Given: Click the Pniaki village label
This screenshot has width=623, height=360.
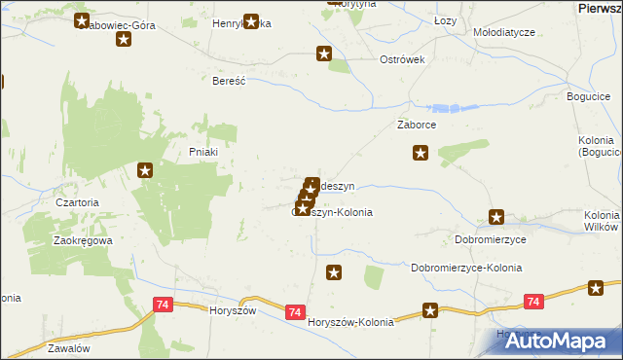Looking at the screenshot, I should point(202,152).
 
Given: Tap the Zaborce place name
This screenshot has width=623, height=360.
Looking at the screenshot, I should point(416,126).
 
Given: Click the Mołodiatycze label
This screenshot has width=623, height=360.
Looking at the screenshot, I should point(504,32).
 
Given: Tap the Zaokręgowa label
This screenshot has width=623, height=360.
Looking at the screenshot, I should point(83,239).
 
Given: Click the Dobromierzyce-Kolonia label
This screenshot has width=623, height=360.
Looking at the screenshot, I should point(466,268).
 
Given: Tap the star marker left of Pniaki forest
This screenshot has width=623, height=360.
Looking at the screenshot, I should point(145,171).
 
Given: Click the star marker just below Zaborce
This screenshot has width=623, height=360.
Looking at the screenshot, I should point(421,152).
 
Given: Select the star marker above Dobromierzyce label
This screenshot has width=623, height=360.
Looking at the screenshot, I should point(496,218).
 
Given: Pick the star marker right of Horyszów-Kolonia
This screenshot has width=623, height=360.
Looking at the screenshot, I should point(430,311).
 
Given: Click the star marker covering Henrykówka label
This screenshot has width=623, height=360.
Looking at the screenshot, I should point(252,21).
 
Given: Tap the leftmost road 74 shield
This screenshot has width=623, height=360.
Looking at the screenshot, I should point(163,306).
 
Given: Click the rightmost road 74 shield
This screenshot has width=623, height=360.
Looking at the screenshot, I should point(531,303).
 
